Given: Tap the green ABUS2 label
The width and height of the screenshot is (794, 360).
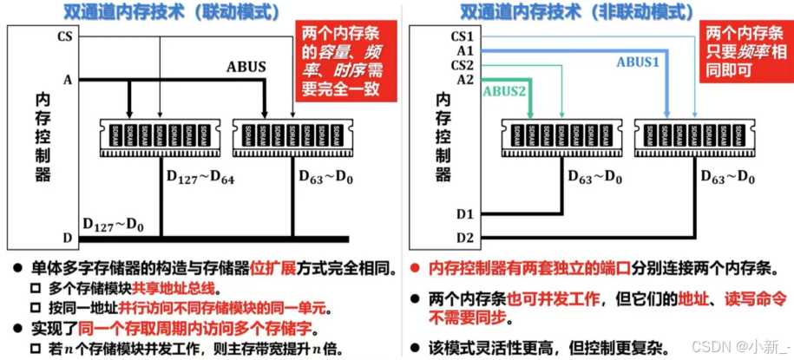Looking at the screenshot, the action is coord(503,90).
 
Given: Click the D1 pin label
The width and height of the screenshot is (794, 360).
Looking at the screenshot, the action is coord(465,213).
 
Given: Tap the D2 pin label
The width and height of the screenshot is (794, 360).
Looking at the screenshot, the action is coord(465,236).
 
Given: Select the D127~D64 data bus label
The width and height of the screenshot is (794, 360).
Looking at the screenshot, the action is coord(200,179).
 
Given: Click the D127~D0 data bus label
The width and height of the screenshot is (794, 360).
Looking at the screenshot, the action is coord(113,223).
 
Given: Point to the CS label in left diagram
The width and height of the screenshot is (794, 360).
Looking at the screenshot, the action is coord(64,36).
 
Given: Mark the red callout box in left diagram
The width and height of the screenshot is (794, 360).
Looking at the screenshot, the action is coord(342,62).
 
